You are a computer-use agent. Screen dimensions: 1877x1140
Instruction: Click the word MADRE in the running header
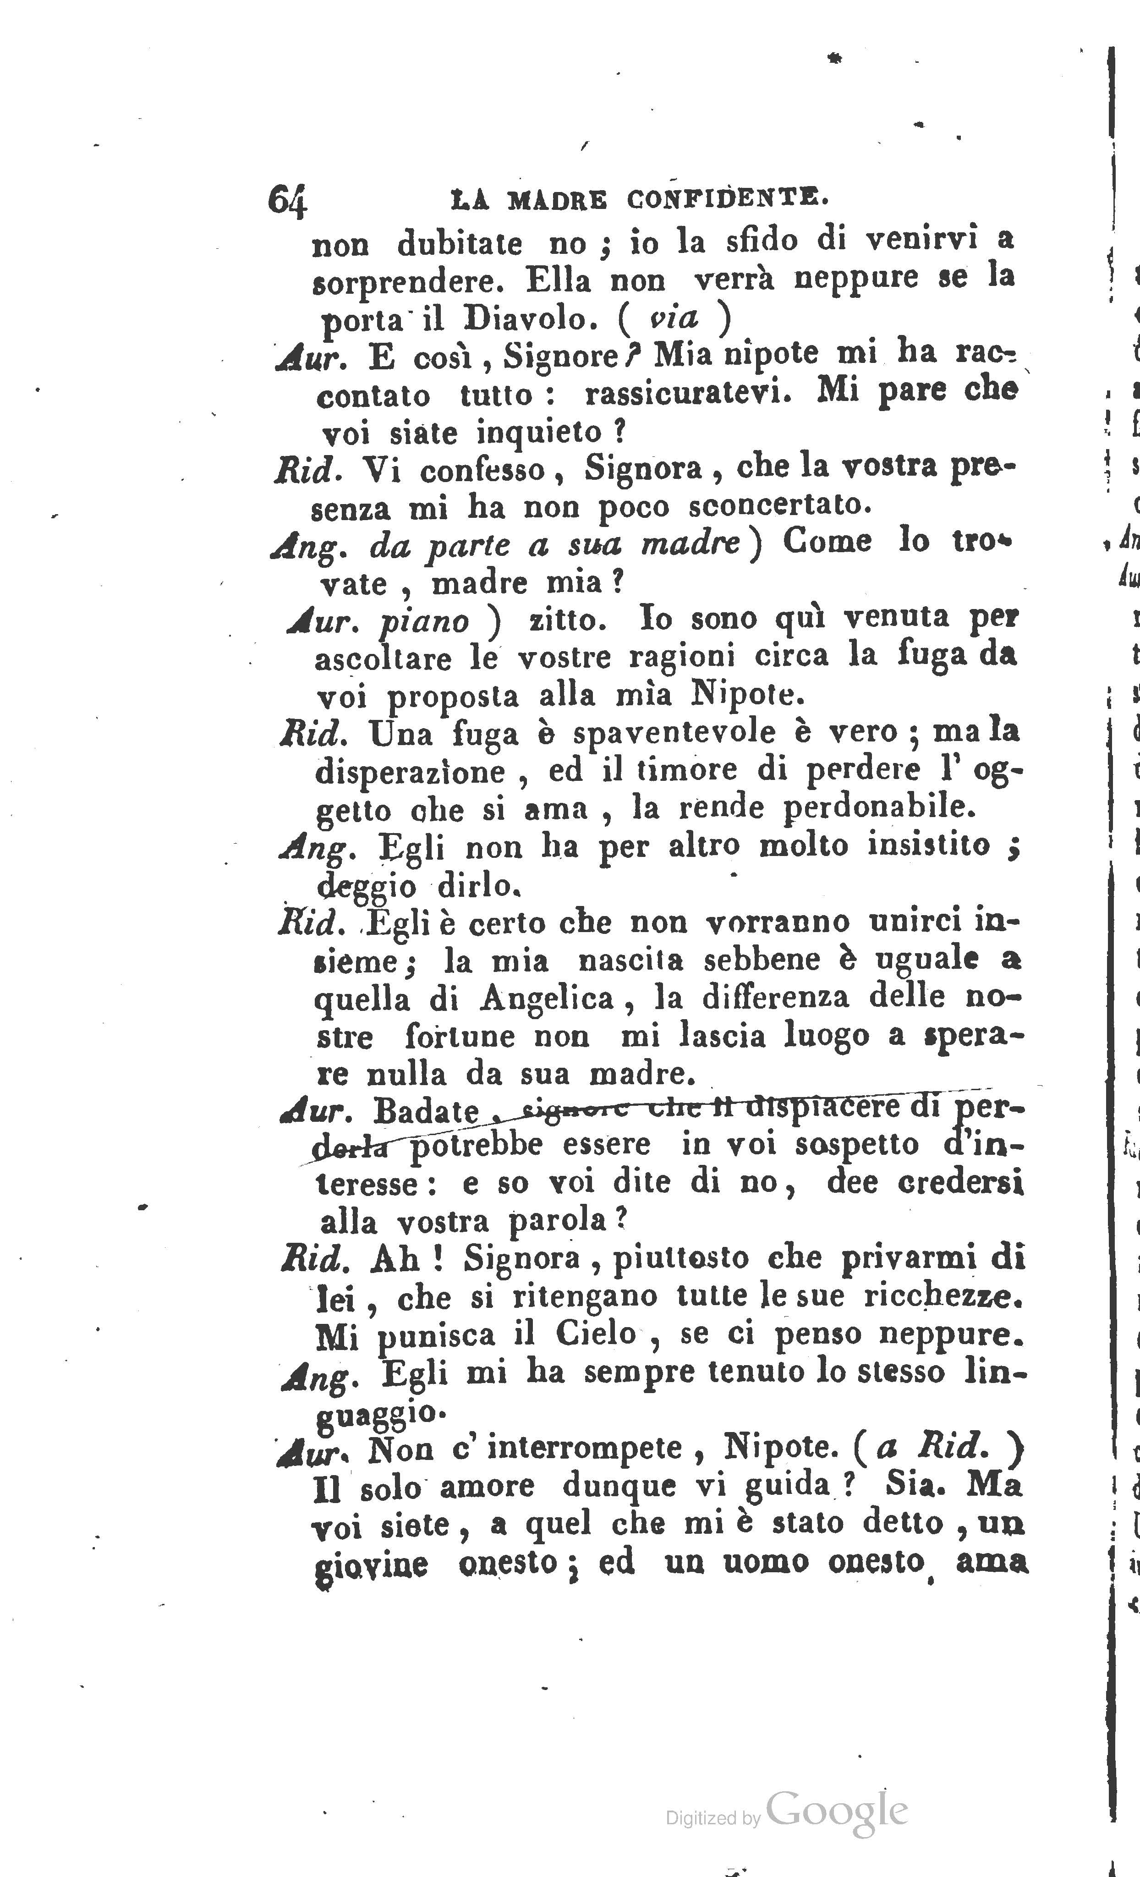[x=558, y=200]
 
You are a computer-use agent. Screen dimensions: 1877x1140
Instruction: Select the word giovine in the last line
[x=371, y=1564]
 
